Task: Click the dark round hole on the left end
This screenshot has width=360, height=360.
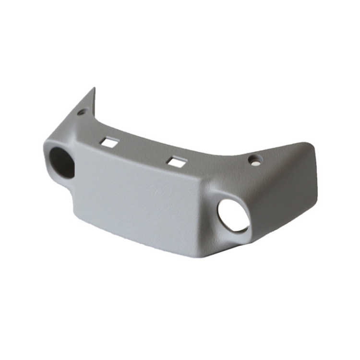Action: pyautogui.click(x=62, y=162)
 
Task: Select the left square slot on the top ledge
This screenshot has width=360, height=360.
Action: pyautogui.click(x=110, y=142)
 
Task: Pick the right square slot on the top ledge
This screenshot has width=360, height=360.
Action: pyautogui.click(x=177, y=162)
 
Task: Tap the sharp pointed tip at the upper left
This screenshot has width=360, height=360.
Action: pyautogui.click(x=94, y=89)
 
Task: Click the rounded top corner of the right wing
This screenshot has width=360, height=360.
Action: pyautogui.click(x=307, y=144)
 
